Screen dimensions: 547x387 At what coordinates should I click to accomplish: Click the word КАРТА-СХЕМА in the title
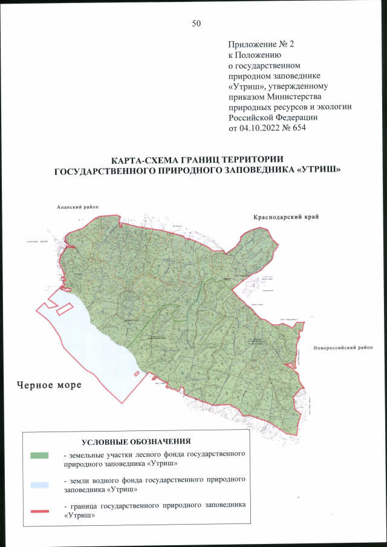[x=146, y=160]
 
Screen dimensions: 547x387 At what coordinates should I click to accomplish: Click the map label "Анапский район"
[x=74, y=207]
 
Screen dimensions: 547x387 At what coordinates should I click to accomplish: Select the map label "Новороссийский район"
[x=343, y=348]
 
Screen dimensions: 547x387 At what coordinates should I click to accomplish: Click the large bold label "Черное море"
[x=48, y=385]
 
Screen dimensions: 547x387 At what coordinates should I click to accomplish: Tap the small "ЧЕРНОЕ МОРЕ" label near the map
[x=37, y=241]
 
